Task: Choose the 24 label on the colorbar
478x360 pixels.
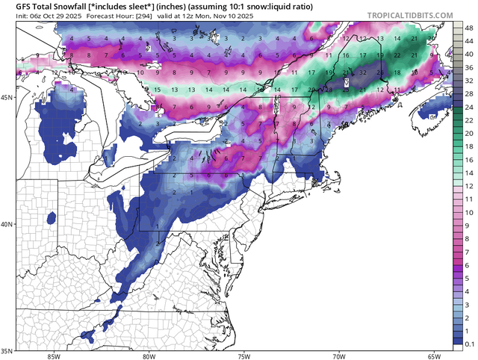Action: [468, 108]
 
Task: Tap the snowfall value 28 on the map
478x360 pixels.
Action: [379, 72]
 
